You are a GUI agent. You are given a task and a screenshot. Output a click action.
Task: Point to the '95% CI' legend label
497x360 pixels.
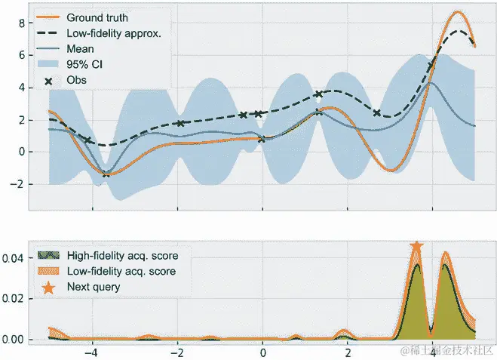pyautogui.click(x=85, y=65)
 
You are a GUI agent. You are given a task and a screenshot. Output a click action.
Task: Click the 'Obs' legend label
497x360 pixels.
pyautogui.click(x=78, y=81)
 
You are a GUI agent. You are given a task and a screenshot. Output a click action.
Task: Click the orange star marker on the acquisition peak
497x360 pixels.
pyautogui.click(x=416, y=247)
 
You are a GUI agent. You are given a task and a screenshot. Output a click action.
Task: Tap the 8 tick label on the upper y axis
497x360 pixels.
pyautogui.click(x=21, y=23)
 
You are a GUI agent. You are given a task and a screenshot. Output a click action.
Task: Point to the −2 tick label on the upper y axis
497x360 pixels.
pyautogui.click(x=17, y=183)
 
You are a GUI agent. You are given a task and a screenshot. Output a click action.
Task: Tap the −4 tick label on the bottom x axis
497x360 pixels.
pyautogui.click(x=91, y=352)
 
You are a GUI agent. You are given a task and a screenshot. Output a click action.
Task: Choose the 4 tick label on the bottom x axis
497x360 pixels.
pyautogui.click(x=432, y=352)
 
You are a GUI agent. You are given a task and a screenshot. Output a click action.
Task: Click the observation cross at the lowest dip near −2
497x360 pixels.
pyautogui.click(x=106, y=174)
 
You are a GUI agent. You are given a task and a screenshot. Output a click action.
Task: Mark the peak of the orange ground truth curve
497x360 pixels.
pyautogui.click(x=458, y=13)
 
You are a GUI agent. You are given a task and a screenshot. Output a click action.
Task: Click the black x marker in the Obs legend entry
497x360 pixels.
pyautogui.click(x=50, y=81)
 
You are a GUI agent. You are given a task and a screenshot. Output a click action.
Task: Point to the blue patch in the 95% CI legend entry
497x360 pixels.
pyautogui.click(x=50, y=65)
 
